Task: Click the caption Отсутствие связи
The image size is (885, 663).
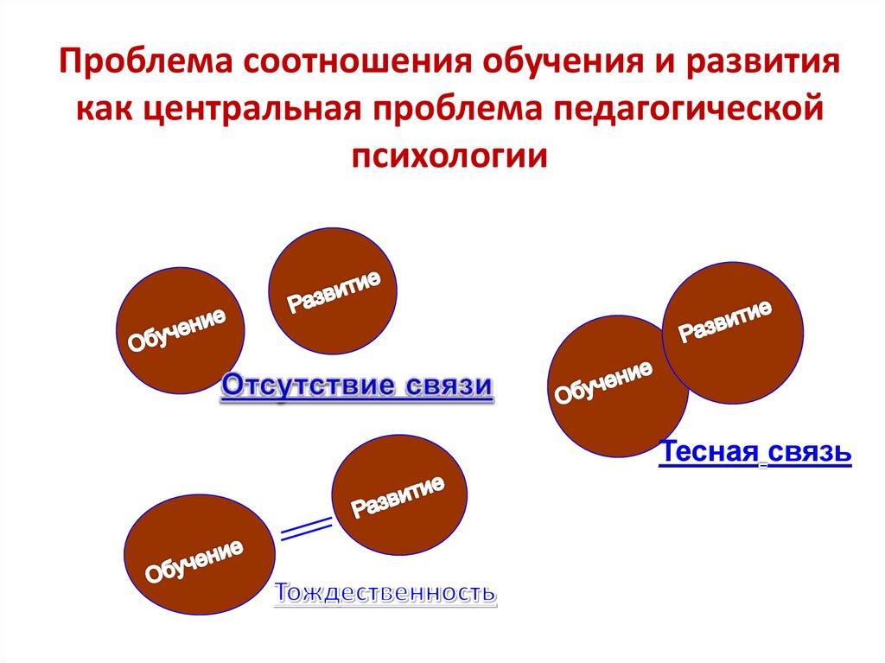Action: coord(358,386)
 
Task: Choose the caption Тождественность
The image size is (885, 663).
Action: coord(385,594)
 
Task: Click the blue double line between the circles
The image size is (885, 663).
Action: coord(308,528)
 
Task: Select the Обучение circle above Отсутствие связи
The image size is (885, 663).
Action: coord(180,329)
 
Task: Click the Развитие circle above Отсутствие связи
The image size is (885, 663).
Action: coord(333,290)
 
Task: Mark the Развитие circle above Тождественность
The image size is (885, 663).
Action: coord(399,495)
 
